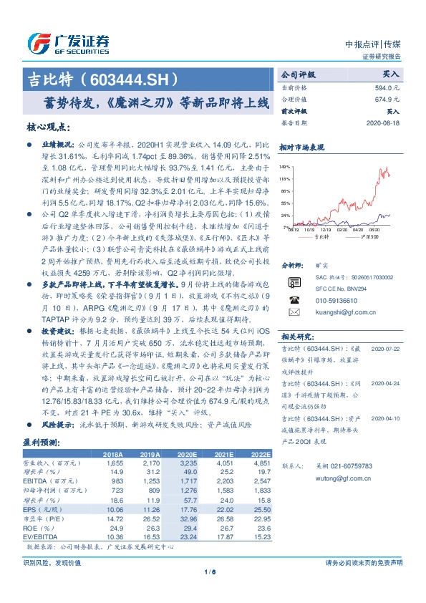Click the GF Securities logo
[x=68, y=42]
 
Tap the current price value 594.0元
[x=387, y=87]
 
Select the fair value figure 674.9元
[x=387, y=100]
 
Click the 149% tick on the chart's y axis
[x=284, y=165]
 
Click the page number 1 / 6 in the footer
[x=210, y=571]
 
